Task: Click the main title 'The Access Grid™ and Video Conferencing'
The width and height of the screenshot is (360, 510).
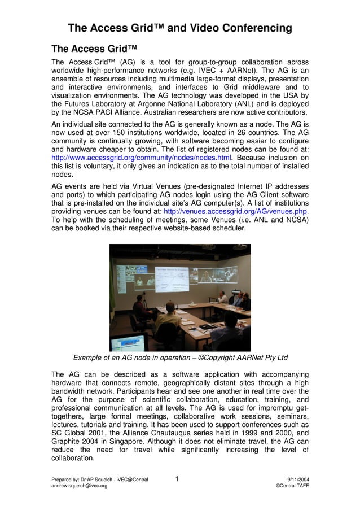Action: pyautogui.click(x=179, y=28)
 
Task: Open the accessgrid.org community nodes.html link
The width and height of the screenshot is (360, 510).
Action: pyautogui.click(x=141, y=157)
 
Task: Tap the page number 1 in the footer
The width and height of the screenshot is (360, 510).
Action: pyautogui.click(x=177, y=479)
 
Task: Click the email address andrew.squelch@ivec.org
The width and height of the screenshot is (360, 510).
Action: pyautogui.click(x=80, y=486)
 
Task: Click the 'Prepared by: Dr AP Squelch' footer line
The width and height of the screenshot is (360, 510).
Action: pyautogui.click(x=100, y=480)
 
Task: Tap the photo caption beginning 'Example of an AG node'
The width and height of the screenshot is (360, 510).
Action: pyautogui.click(x=181, y=358)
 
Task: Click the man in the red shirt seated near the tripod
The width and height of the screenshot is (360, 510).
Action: pyautogui.click(x=141, y=307)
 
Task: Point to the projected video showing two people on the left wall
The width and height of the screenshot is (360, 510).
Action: pyautogui.click(x=144, y=280)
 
